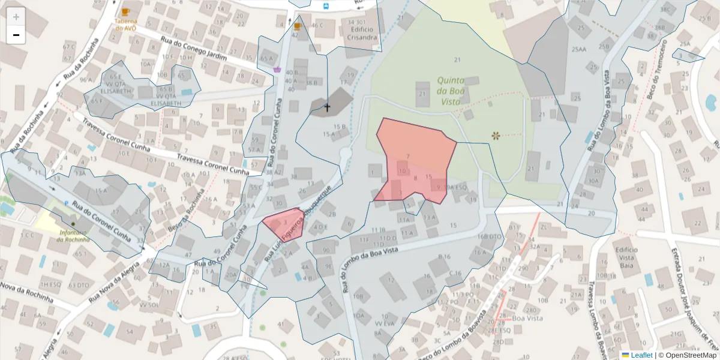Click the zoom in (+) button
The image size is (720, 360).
[16, 17]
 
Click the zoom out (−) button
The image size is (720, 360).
[16, 35]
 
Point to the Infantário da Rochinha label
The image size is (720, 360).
[73, 236]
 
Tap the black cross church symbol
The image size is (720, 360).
[327, 107]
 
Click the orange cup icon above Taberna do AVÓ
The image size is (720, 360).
[125, 11]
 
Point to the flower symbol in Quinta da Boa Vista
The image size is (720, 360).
[496, 136]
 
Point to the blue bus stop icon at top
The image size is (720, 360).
[326, 6]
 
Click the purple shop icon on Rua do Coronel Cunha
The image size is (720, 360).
[277, 70]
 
